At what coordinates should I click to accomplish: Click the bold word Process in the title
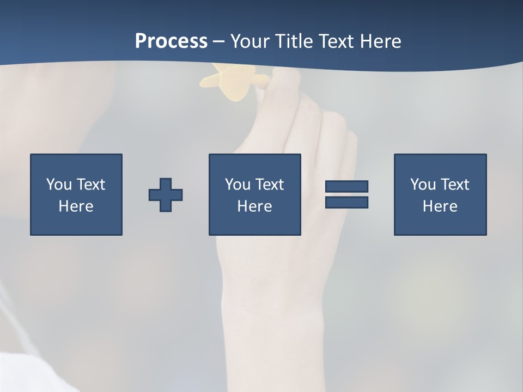coord(171,41)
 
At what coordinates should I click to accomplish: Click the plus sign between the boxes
coord(166,194)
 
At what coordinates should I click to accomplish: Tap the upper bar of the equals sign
coord(346,186)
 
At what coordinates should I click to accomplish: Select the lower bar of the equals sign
coord(346,202)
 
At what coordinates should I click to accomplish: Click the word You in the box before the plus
coord(59,185)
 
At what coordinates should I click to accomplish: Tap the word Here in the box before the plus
coord(76,206)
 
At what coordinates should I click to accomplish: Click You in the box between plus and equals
coord(238,185)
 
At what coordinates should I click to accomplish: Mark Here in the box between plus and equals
coord(254,206)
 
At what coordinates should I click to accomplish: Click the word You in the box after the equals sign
coord(423,185)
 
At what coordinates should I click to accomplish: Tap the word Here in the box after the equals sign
coord(440,206)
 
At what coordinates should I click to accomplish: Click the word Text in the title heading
coord(336,41)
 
